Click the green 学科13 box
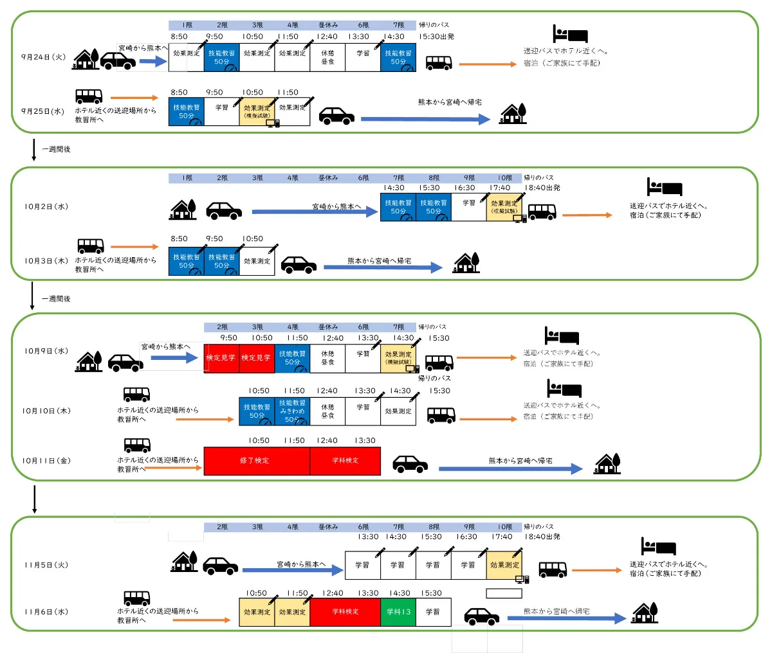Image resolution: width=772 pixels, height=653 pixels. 398,612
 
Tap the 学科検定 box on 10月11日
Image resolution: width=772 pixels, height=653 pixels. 345,461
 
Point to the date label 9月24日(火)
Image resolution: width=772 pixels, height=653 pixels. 44,57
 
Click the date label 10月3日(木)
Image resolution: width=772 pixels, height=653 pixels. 46,261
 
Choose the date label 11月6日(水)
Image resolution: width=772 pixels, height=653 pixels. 46,612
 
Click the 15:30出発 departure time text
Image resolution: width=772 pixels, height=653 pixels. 436,37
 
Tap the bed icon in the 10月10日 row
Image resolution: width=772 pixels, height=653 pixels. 564,389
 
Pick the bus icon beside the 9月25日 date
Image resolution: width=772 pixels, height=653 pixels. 89,96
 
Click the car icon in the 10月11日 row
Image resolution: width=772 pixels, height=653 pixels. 410,463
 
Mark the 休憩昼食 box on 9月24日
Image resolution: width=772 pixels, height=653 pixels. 327,58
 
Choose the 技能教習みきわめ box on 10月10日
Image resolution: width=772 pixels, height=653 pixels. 292,411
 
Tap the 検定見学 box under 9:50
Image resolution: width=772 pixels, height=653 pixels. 221,358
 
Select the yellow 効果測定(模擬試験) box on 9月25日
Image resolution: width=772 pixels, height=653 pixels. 257,112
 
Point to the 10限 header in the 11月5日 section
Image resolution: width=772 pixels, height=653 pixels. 504,527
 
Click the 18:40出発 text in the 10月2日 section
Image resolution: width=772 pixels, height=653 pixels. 542,188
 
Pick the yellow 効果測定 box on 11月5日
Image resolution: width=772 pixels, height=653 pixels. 504,566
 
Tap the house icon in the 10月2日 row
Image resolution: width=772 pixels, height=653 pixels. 183,210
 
